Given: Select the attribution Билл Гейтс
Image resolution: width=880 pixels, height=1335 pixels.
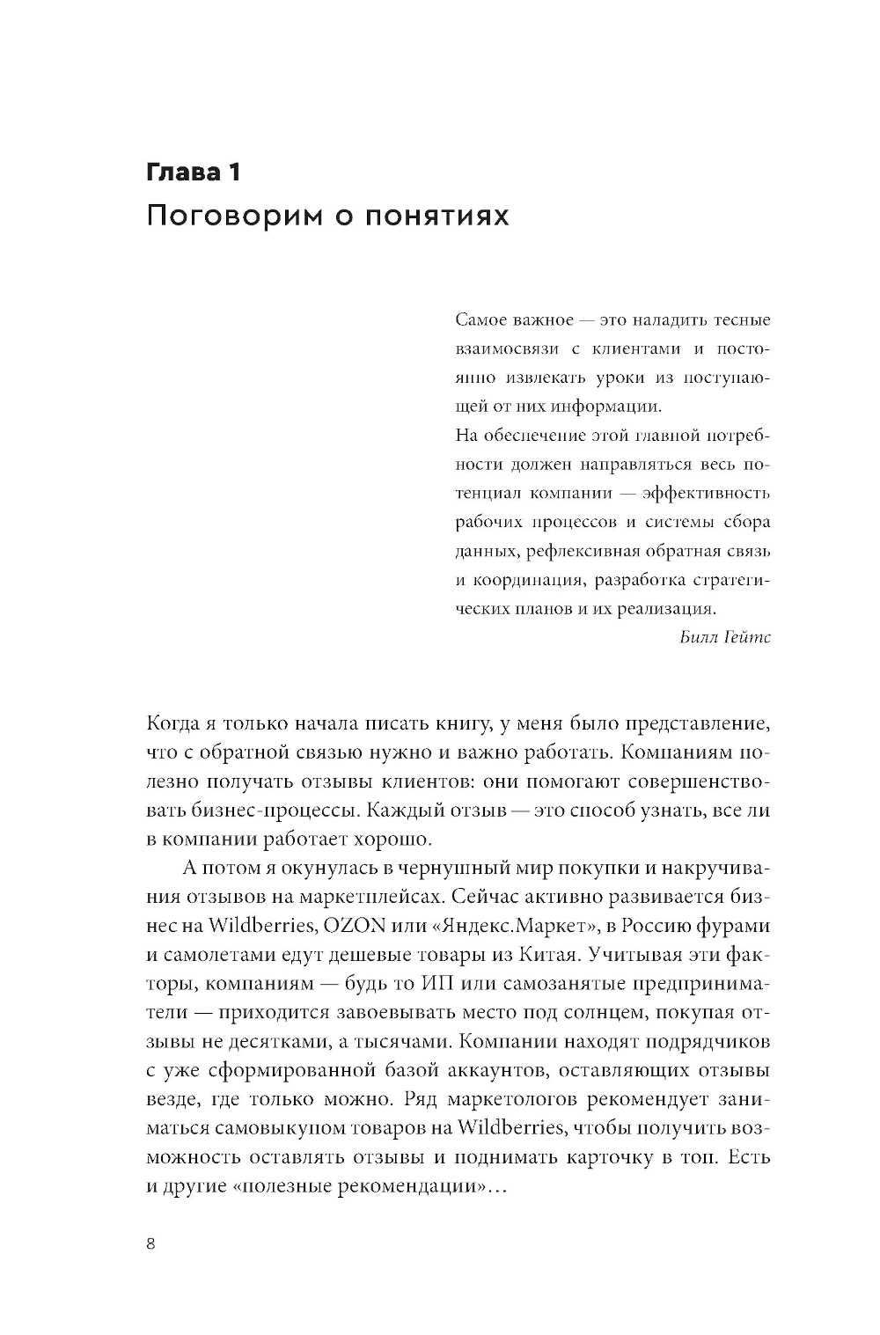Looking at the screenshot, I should click(725, 637).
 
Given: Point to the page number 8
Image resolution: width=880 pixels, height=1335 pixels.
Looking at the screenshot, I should click(150, 1243).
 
